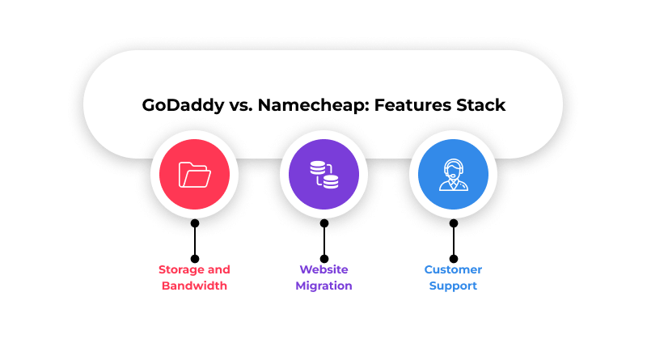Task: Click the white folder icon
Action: pyautogui.click(x=194, y=174)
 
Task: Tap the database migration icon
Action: pyautogui.click(x=323, y=174)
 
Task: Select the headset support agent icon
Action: pyautogui.click(x=453, y=174)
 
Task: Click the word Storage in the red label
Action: pyautogui.click(x=183, y=270)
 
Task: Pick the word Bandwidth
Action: pyautogui.click(x=194, y=286)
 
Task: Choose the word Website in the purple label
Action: pyautogui.click(x=323, y=270)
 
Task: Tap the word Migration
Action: pyautogui.click(x=323, y=286)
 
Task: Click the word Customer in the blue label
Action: pyautogui.click(x=453, y=270)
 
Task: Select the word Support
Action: pyautogui.click(x=453, y=286)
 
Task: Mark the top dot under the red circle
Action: pyautogui.click(x=194, y=223)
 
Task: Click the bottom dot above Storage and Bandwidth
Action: pyautogui.click(x=194, y=259)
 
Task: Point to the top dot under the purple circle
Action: pyautogui.click(x=323, y=223)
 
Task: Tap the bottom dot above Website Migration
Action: pyautogui.click(x=323, y=259)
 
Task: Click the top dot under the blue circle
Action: pyautogui.click(x=453, y=223)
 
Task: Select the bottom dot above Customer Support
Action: pyautogui.click(x=453, y=259)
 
